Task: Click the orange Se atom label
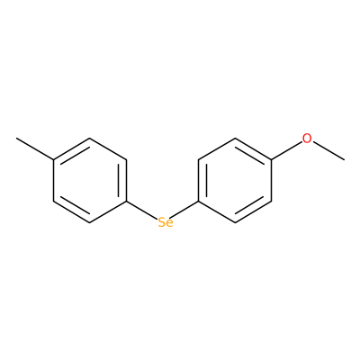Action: click(x=166, y=222)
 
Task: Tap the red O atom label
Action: click(x=307, y=139)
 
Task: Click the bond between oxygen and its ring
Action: click(x=286, y=150)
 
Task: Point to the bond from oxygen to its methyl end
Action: click(x=328, y=150)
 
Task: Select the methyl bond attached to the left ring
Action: click(x=35, y=148)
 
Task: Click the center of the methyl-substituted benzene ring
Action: click(x=90, y=180)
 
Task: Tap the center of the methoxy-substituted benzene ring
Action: click(x=235, y=180)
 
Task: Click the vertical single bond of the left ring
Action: click(x=53, y=180)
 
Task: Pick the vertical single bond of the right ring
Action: click(x=271, y=180)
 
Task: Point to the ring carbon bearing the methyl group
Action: click(x=53, y=159)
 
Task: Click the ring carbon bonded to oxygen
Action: click(x=271, y=159)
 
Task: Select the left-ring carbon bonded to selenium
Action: click(x=126, y=202)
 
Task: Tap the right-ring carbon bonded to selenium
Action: click(x=198, y=202)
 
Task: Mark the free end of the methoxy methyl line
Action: click(x=344, y=159)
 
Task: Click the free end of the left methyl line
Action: click(x=17, y=139)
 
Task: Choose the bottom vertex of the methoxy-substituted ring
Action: click(x=235, y=222)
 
